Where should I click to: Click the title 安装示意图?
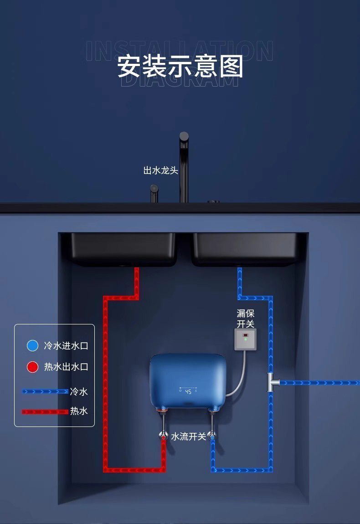click(x=180, y=67)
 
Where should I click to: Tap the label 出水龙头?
click(x=160, y=170)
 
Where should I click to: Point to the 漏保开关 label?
click(x=246, y=319)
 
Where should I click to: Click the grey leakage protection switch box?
click(x=246, y=339)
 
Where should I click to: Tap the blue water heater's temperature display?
click(x=188, y=391)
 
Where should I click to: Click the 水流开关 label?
click(x=188, y=437)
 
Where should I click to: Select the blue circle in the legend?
click(x=32, y=345)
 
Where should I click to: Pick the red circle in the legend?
click(x=32, y=367)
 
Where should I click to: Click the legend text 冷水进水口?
click(x=66, y=345)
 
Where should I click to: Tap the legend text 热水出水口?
click(x=66, y=367)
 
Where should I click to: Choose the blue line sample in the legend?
click(x=45, y=391)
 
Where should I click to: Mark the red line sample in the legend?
click(x=45, y=411)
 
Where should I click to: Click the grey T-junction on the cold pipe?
click(x=272, y=382)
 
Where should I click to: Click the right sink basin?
click(x=244, y=249)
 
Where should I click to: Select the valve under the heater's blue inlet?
click(x=211, y=435)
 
